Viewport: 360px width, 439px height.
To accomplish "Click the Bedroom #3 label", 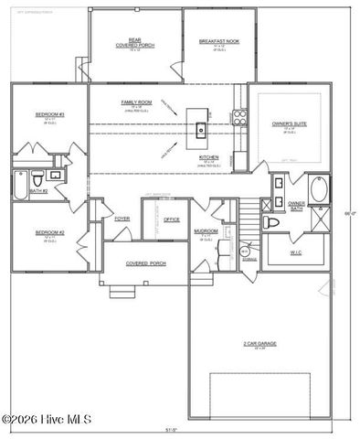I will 49,114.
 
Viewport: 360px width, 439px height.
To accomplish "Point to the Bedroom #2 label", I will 49,232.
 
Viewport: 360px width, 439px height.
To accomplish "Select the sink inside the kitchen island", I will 200,129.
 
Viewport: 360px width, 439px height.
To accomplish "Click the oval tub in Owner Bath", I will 319,190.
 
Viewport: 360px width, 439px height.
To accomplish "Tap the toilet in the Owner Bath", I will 271,222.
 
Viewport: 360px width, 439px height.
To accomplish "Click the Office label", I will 171,219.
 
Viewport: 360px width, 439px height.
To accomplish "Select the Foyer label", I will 122,219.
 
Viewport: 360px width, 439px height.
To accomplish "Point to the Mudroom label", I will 206,230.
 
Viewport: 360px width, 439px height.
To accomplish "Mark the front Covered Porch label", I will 143,263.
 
